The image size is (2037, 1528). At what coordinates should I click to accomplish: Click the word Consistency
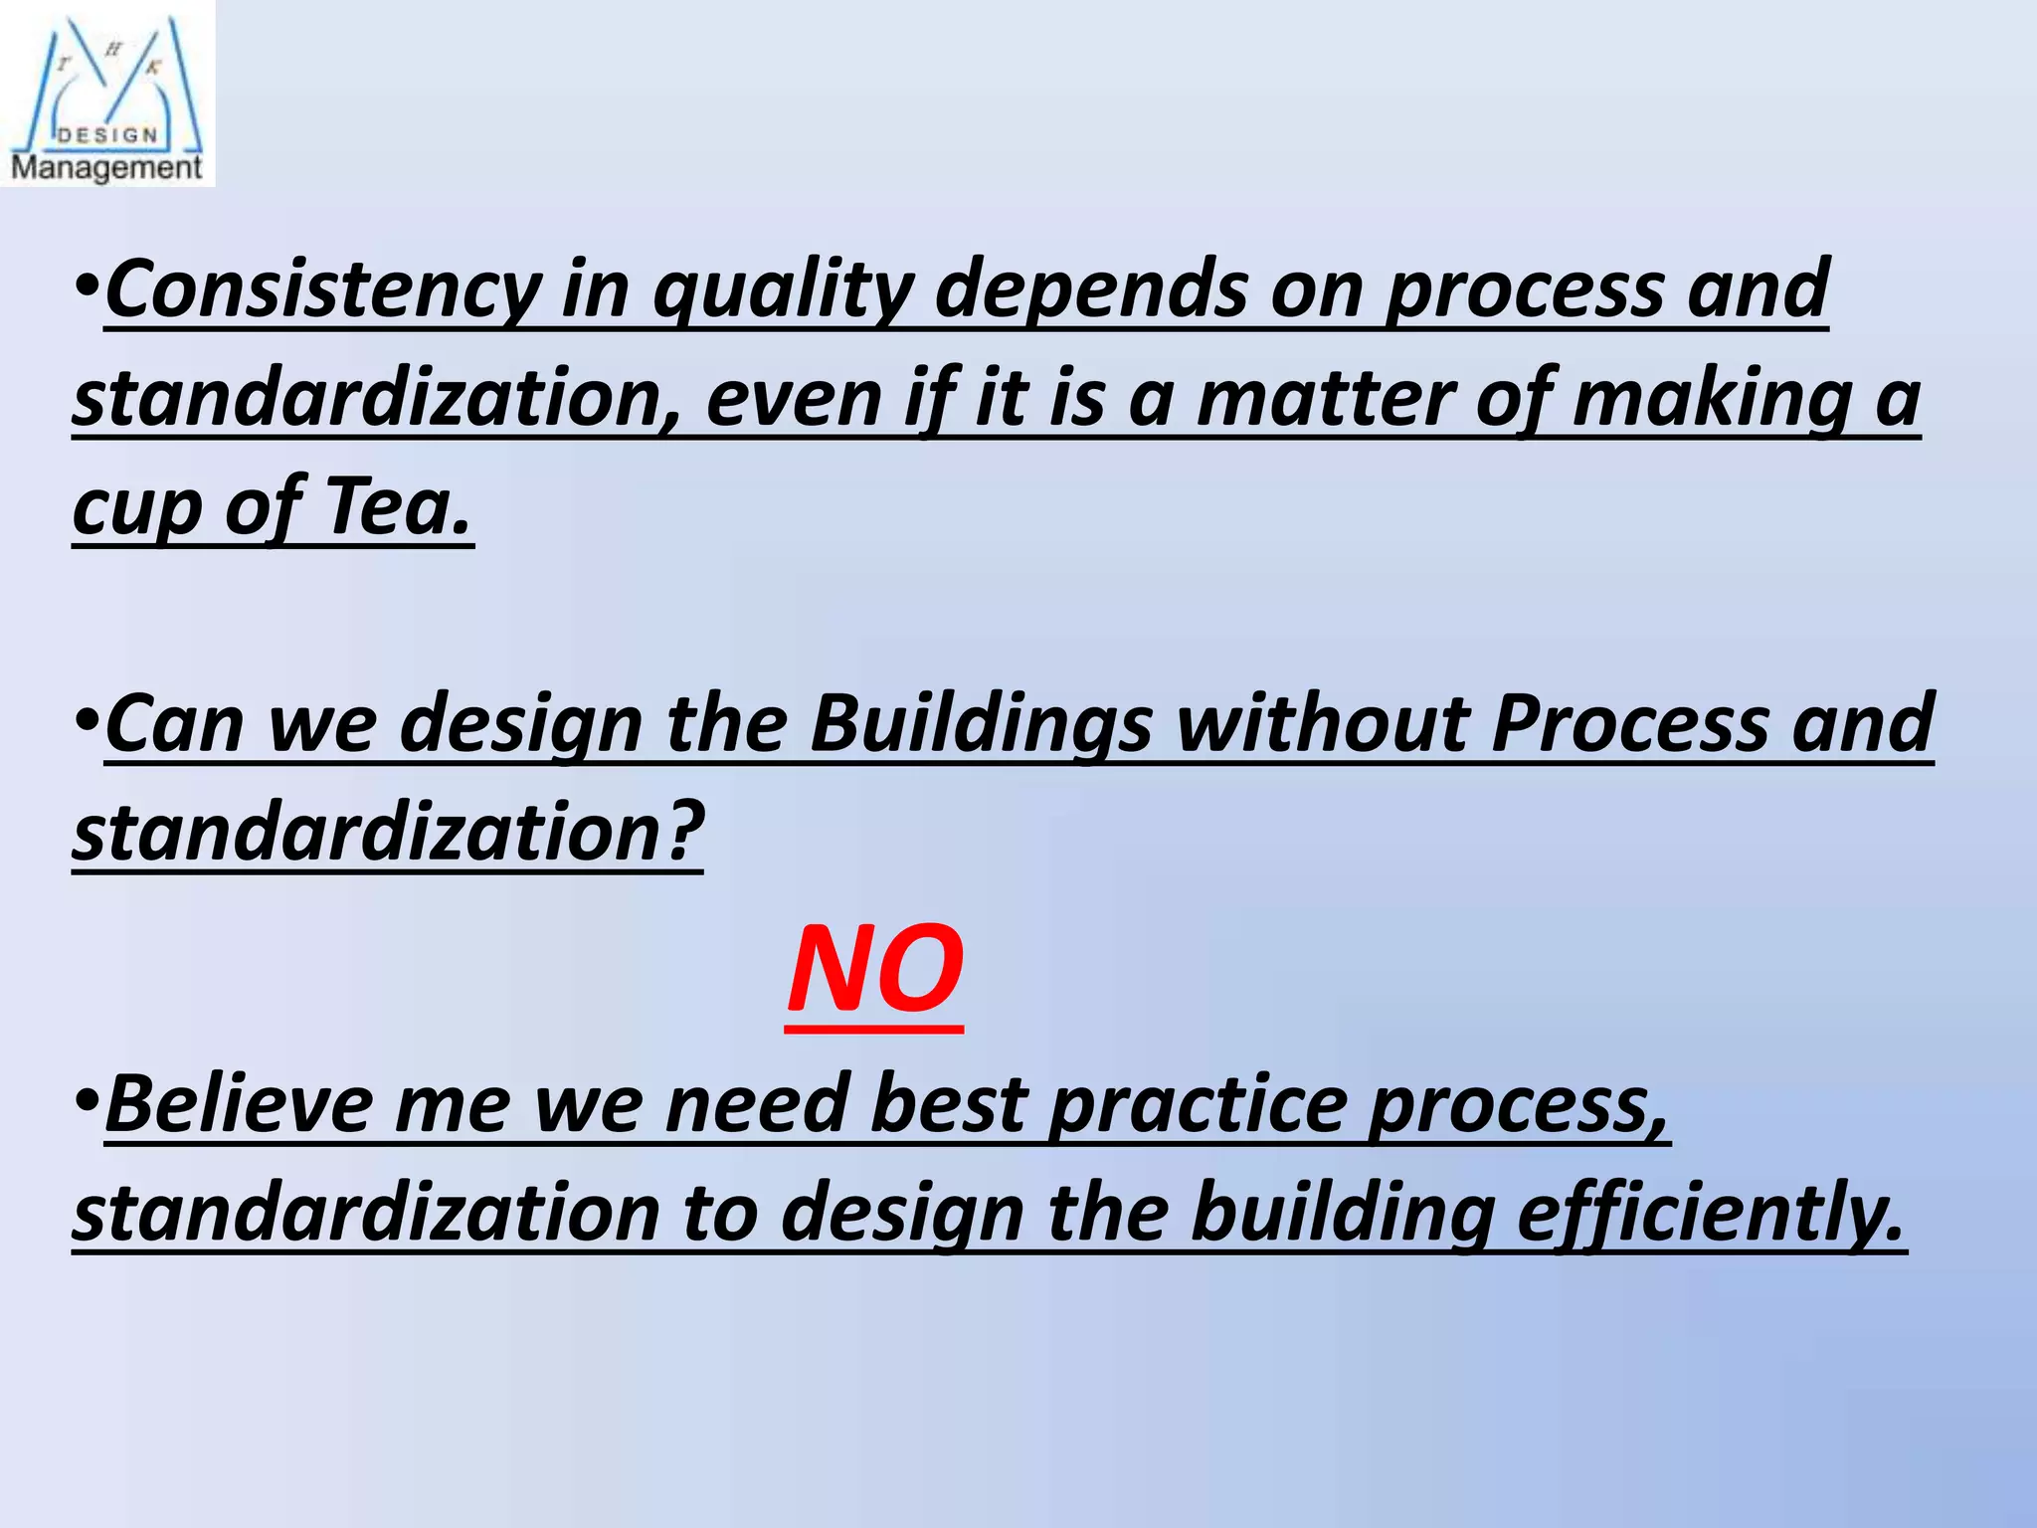[x=323, y=290]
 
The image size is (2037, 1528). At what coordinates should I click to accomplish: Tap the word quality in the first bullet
[x=782, y=290]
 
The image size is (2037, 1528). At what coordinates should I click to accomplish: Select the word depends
[x=1091, y=290]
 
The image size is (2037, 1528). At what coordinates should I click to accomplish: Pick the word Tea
[x=397, y=507]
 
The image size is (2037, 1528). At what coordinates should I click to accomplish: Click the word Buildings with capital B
[x=981, y=724]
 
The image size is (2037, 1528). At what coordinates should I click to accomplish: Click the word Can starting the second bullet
[x=174, y=724]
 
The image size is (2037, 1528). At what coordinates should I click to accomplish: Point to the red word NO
[x=874, y=969]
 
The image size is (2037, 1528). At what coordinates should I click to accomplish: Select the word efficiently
[x=1710, y=1214]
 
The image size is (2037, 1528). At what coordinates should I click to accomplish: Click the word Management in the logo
[x=106, y=167]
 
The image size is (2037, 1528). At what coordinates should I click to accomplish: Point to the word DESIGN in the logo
[x=107, y=135]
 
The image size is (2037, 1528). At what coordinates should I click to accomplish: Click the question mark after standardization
[x=684, y=832]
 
